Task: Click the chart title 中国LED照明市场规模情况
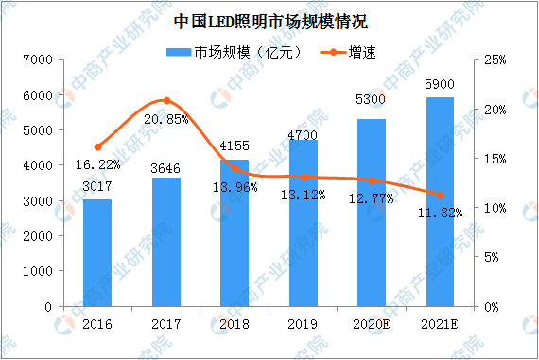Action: (270, 22)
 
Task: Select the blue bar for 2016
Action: (97, 253)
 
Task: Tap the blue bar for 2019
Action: (304, 223)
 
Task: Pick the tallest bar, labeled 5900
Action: (440, 202)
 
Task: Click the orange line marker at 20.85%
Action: (166, 101)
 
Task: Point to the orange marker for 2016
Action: (98, 147)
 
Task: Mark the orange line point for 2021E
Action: (440, 195)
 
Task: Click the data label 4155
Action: (235, 146)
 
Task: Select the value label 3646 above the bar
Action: (165, 169)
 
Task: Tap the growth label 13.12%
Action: (304, 196)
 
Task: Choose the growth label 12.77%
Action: (372, 198)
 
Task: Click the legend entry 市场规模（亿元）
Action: (235, 53)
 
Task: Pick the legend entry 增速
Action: (348, 53)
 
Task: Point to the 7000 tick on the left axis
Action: (38, 60)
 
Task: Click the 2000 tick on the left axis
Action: (38, 236)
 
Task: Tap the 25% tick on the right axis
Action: (495, 60)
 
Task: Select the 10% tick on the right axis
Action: (495, 208)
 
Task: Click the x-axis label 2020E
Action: (372, 324)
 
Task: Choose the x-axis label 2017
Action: (166, 324)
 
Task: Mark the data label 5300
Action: (371, 99)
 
